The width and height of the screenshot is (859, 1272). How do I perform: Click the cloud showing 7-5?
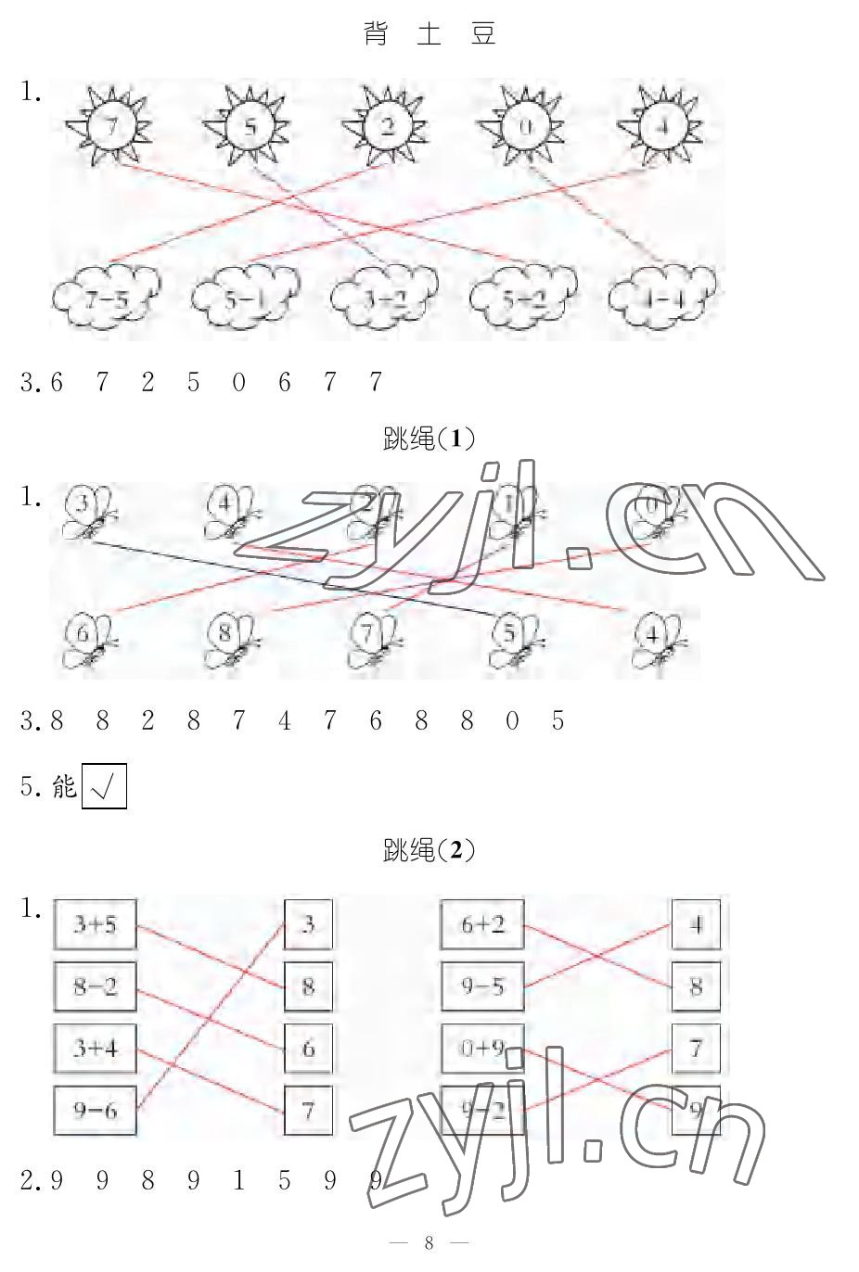[x=106, y=297]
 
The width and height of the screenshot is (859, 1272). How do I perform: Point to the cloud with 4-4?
[x=662, y=297]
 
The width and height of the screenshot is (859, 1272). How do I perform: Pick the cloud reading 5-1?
[x=245, y=299]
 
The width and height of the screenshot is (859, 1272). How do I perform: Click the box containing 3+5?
[x=95, y=924]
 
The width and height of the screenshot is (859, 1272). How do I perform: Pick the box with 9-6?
[x=95, y=1110]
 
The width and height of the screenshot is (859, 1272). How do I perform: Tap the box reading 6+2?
[x=481, y=924]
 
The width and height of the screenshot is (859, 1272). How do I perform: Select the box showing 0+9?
[x=481, y=1049]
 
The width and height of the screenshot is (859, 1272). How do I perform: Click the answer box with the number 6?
[x=308, y=1049]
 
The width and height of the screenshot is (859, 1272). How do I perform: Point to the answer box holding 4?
[x=696, y=924]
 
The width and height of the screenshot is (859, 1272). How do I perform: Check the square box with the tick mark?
[x=104, y=787]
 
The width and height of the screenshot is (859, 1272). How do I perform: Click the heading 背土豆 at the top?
[x=429, y=34]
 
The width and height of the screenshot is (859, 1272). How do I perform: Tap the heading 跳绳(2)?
[x=429, y=849]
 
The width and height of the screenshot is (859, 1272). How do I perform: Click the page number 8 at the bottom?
[x=429, y=1243]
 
